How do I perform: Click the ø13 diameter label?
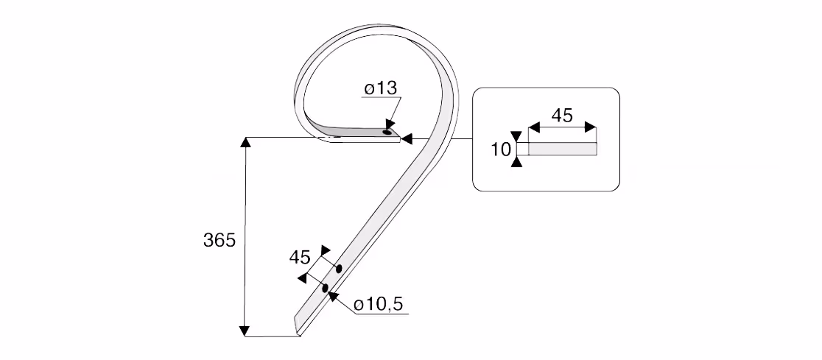coord(381,88)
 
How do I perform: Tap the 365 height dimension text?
coord(219,240)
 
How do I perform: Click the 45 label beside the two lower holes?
coord(300,257)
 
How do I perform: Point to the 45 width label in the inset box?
coord(562,116)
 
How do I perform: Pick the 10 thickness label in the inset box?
coord(501,150)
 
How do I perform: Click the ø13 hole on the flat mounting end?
coord(388,133)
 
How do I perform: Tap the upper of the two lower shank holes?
coord(339,269)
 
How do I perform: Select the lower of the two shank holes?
coord(326,288)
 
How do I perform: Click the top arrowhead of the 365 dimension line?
coord(245,143)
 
